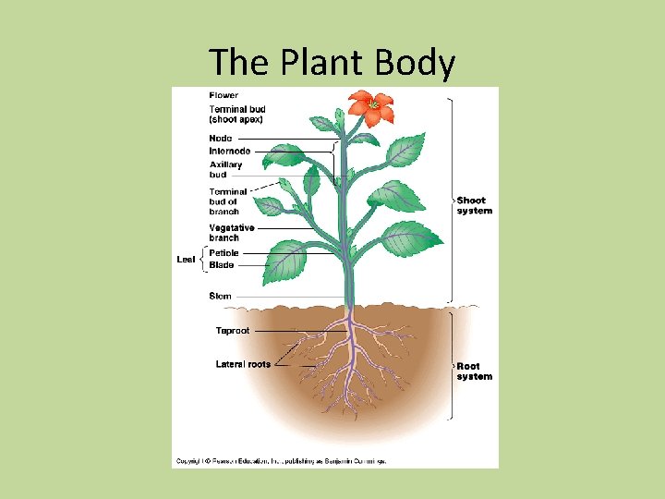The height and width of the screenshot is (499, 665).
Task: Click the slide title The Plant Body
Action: pos(332,63)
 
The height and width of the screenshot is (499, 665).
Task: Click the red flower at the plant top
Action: pos(371,107)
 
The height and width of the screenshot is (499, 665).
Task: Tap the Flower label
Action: pos(224,95)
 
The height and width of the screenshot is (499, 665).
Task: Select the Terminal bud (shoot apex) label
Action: pos(236,114)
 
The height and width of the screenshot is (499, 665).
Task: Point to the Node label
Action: pos(221,139)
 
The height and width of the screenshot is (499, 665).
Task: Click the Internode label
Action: pos(229,151)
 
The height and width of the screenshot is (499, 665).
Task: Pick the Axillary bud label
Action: pos(225,169)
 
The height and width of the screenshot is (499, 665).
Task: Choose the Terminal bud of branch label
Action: pos(228,201)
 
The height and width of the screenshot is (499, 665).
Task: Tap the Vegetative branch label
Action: pos(231,232)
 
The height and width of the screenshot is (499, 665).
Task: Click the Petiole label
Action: pos(224,253)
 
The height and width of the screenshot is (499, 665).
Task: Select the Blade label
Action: pos(222,265)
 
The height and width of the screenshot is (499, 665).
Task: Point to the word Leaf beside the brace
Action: pos(186,260)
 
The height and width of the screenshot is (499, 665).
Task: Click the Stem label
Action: pos(220,297)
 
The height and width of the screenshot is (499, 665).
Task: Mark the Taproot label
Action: pos(232,331)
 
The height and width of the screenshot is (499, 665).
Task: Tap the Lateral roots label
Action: pos(243,364)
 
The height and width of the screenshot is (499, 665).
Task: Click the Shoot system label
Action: pos(474,205)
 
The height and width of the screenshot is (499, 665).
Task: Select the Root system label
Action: pos(474,371)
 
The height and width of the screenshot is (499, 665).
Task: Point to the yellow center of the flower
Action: pos(373,105)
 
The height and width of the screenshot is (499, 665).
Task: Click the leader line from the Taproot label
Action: pos(296,331)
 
